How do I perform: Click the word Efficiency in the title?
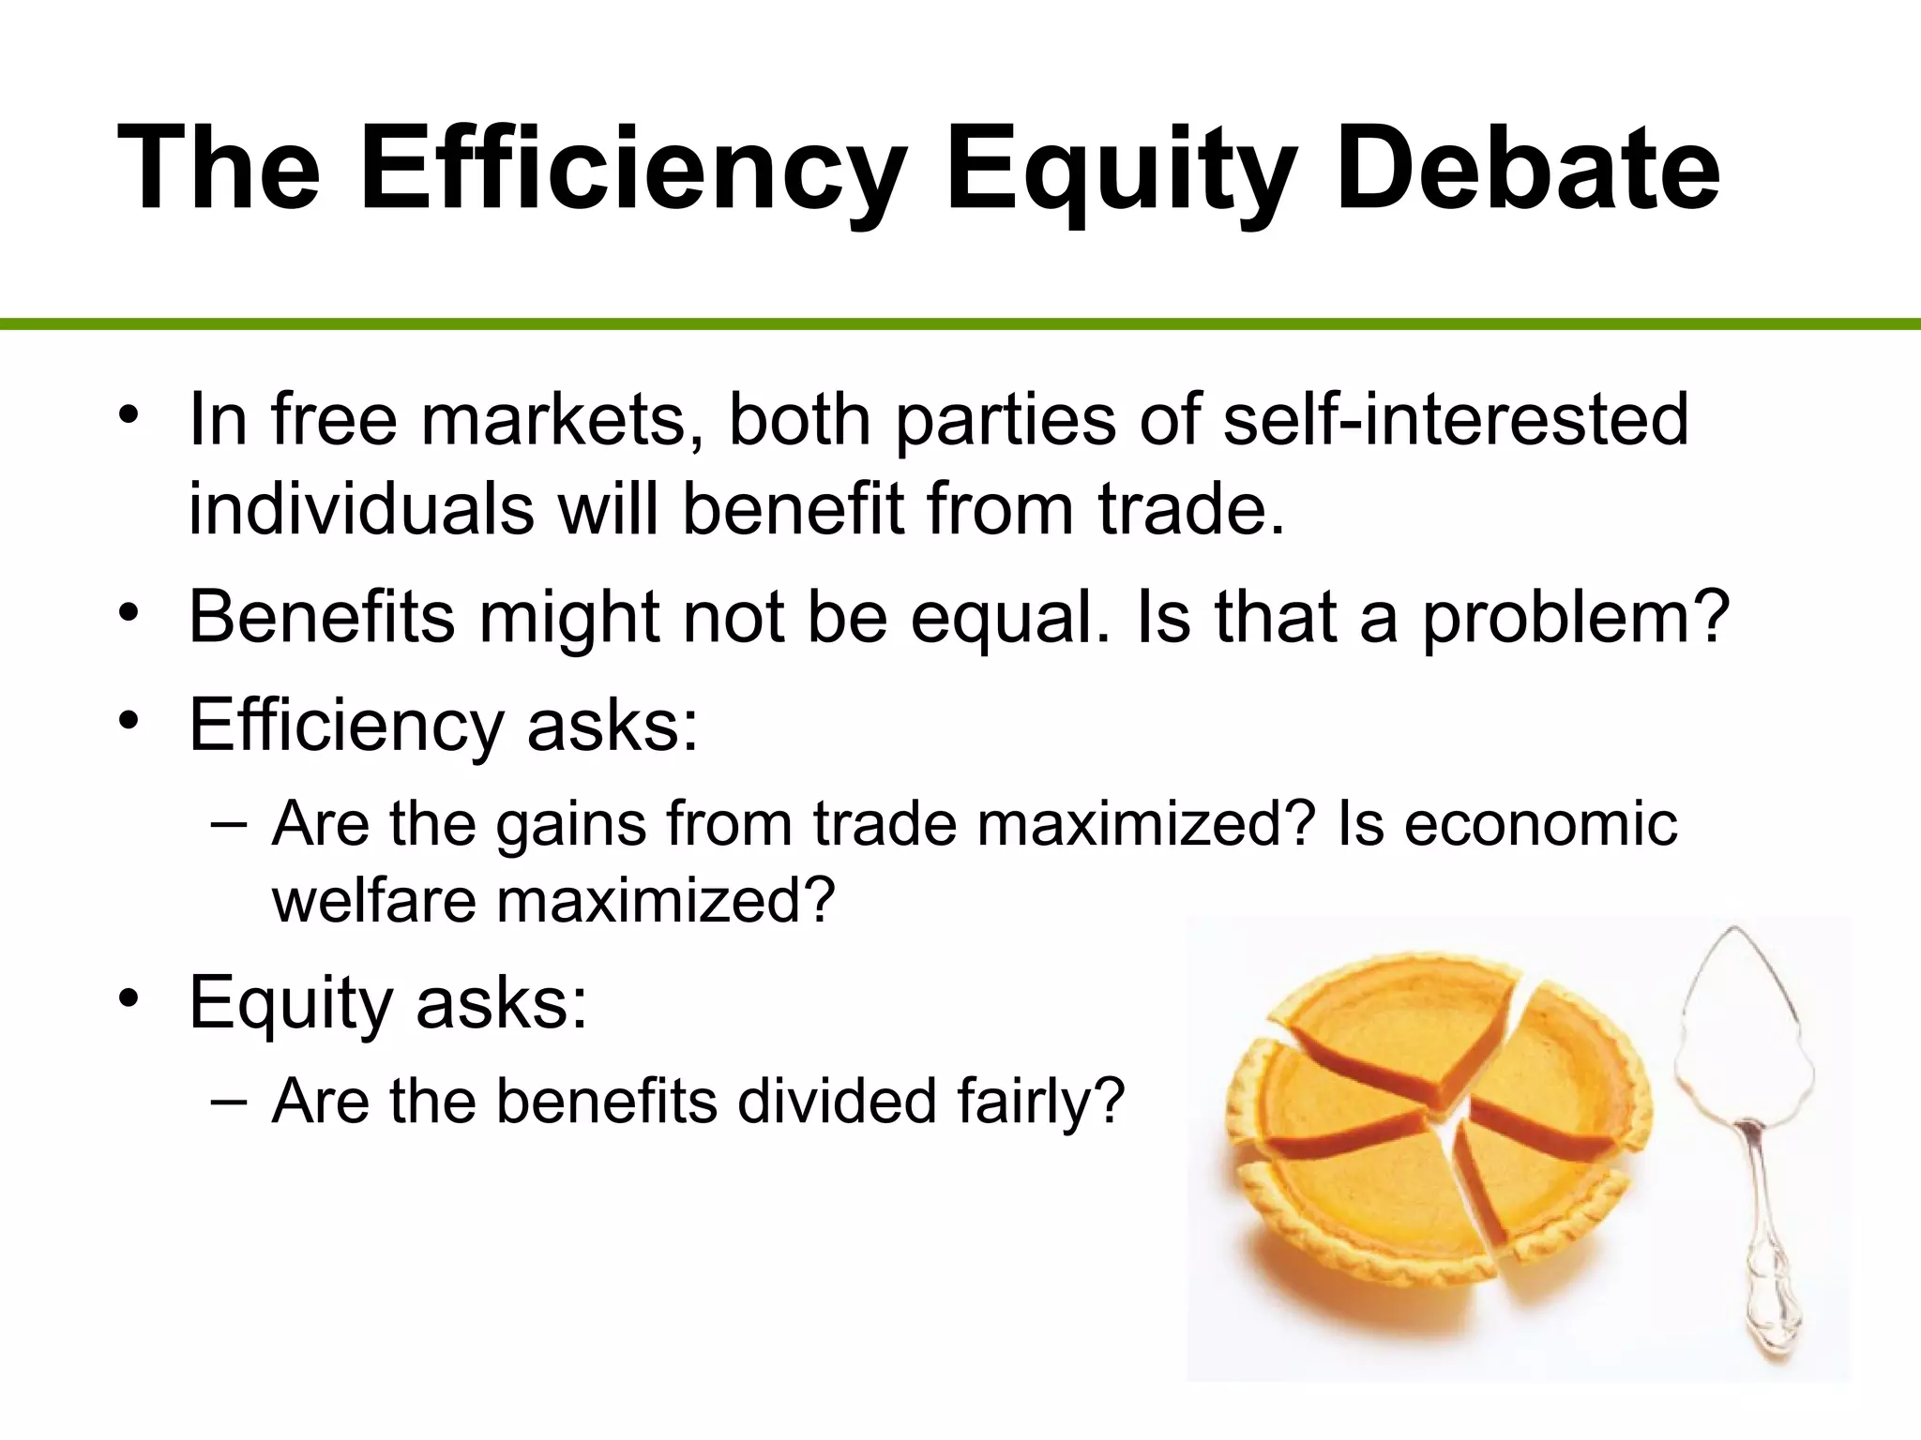(x=634, y=171)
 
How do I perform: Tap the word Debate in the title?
(x=1528, y=171)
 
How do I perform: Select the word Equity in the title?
(x=1122, y=171)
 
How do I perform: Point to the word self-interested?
(x=1456, y=419)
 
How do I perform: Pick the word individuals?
(x=361, y=509)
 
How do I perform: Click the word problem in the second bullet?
(x=1575, y=619)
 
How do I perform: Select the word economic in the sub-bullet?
(x=1540, y=824)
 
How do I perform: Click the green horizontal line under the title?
(x=960, y=324)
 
